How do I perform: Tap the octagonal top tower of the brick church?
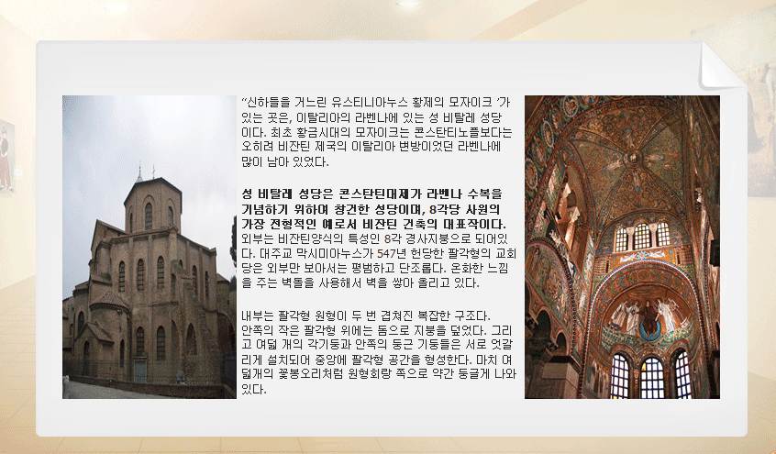(x=152, y=205)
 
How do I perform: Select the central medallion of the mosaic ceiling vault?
(x=633, y=159)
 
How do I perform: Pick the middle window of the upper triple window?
(x=641, y=236)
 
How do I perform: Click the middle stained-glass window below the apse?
(x=652, y=377)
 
